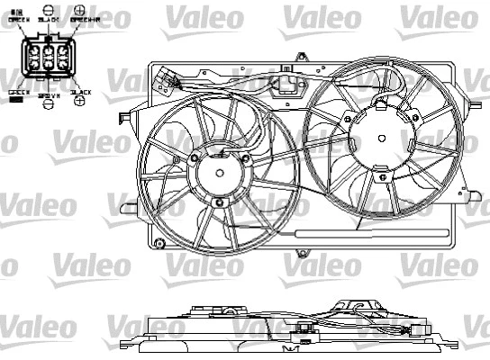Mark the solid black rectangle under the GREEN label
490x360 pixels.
tap(16, 100)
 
